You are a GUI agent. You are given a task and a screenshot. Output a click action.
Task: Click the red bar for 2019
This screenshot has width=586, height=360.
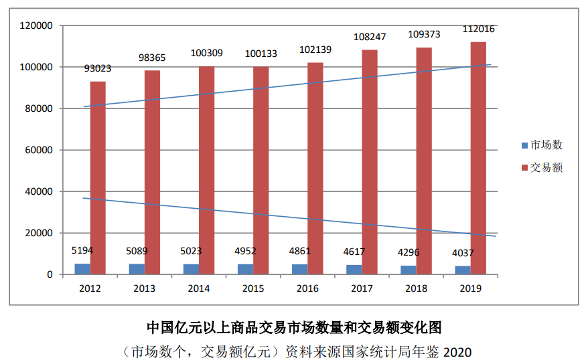point(478,158)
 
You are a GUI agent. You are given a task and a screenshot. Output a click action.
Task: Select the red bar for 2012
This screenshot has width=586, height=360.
point(98,177)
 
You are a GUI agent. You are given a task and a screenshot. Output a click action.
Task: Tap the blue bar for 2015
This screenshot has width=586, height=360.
point(245,269)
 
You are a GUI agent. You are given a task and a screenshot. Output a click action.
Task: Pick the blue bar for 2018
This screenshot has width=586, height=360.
point(408,270)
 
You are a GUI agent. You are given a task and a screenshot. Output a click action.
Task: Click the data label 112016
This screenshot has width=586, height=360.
point(478,29)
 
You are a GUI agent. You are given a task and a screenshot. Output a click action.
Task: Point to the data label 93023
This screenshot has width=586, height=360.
point(98,68)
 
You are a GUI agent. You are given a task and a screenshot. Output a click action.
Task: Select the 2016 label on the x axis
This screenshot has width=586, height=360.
point(307,288)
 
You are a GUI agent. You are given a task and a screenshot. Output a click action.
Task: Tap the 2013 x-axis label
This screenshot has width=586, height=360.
point(145,288)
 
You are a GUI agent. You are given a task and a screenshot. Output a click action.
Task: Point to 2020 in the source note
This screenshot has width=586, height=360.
point(457,351)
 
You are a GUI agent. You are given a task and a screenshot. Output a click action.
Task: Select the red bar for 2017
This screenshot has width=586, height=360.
point(370,162)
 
